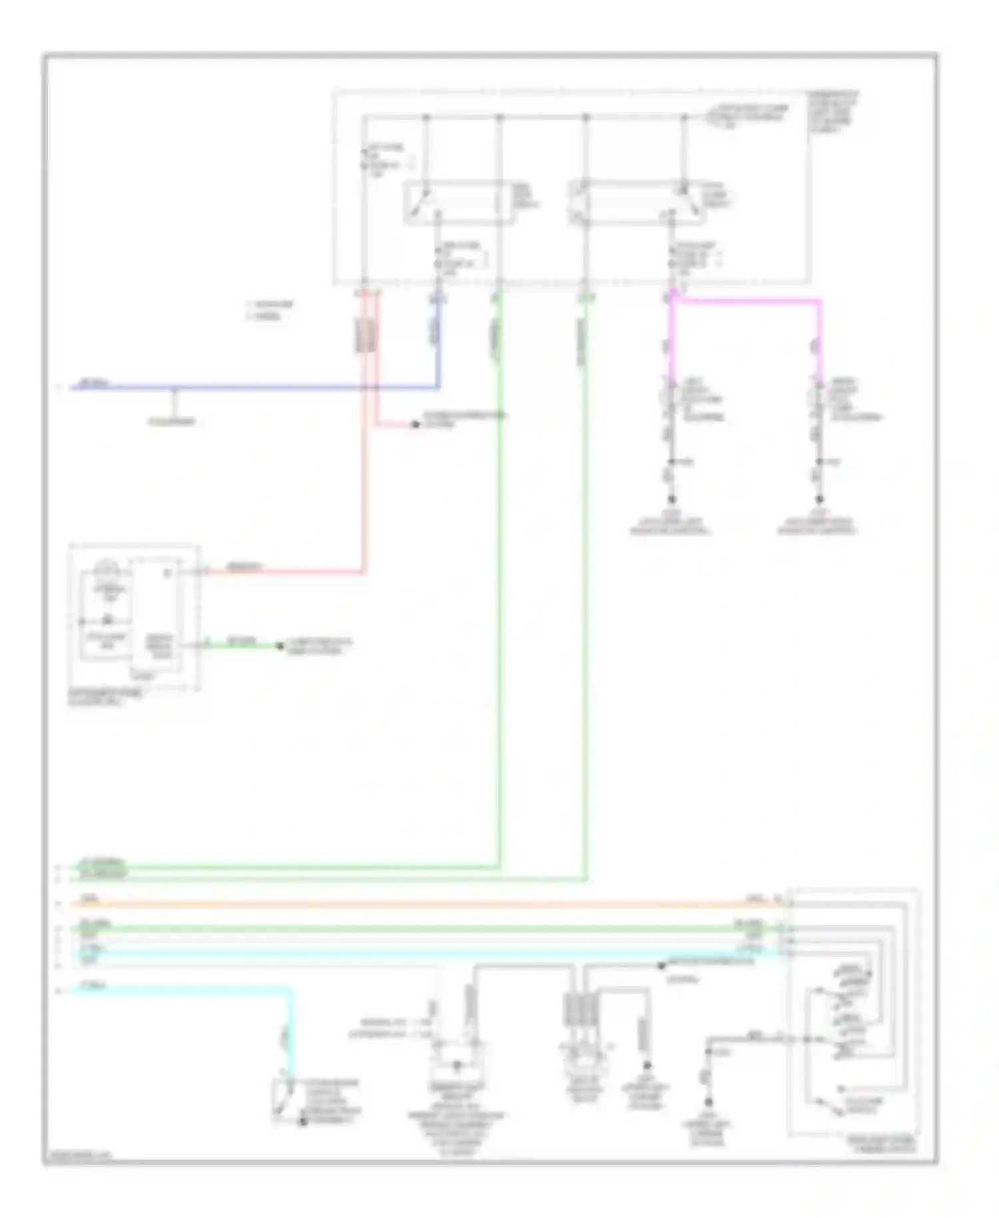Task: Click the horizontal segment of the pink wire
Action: click(x=746, y=301)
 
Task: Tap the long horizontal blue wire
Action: click(x=266, y=387)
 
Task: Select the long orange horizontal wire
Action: click(x=400, y=904)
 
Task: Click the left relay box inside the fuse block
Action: click(x=458, y=203)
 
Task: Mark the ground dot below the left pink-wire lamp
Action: click(x=671, y=499)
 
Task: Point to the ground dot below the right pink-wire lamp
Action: click(x=820, y=499)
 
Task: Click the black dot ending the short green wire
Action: click(x=280, y=646)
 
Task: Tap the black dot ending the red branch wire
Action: click(x=415, y=424)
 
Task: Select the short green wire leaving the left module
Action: click(x=240, y=646)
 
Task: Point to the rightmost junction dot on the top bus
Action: click(x=684, y=118)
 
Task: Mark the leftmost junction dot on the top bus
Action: click(x=426, y=118)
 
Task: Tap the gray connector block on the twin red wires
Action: click(x=365, y=335)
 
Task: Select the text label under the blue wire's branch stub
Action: click(x=172, y=422)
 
